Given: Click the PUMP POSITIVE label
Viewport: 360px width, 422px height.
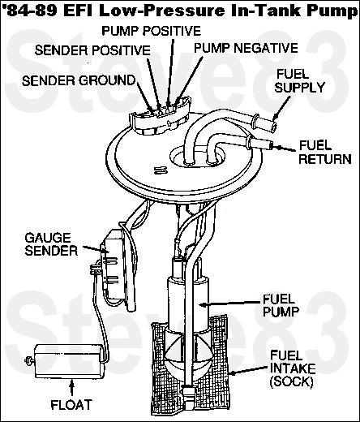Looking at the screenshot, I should click(151, 30).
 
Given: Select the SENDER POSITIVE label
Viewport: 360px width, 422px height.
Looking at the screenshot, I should click(92, 50).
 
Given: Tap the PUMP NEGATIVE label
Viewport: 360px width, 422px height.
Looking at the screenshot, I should click(245, 48).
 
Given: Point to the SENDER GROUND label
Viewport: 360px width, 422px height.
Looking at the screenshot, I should click(78, 80).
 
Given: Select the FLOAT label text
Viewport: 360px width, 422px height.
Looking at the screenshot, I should click(71, 403).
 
